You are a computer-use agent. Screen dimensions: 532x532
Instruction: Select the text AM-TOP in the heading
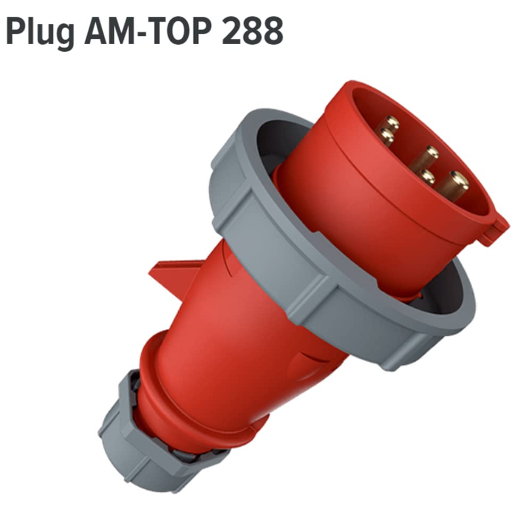pos(150,31)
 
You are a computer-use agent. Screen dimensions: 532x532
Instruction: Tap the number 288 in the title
pos(253,31)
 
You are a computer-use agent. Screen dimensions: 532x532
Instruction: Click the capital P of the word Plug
pos(16,31)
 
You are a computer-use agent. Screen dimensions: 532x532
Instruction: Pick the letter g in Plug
pos(64,37)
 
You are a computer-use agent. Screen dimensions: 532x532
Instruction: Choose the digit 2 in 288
pos(232,31)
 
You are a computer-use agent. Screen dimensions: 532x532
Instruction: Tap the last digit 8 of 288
pos(273,31)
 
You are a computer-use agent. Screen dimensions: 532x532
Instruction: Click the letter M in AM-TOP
pos(123,31)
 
